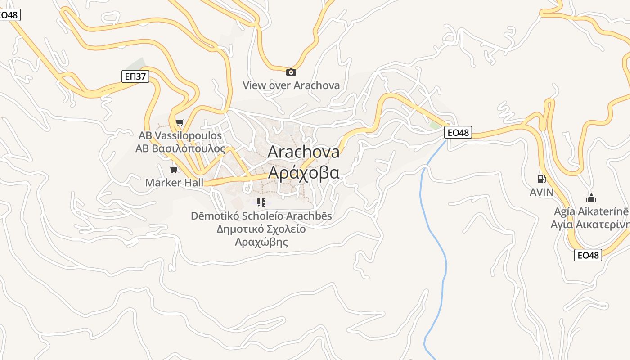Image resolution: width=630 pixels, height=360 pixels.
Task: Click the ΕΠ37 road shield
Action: coord(135,76)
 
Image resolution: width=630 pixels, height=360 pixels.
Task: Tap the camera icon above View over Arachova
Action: coord(291,72)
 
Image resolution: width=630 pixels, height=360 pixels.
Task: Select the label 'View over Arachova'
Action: coord(291,85)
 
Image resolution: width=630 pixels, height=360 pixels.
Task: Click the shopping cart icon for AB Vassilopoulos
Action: coord(180,122)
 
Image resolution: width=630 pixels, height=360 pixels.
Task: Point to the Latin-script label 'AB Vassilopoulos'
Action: coord(180,135)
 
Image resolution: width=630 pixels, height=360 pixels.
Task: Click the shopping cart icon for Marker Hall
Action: coord(174,169)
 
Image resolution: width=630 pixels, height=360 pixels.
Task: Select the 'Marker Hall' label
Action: coord(174,183)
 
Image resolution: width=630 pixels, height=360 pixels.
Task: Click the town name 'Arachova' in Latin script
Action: coord(303,152)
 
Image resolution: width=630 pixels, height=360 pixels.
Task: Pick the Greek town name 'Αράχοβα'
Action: coord(303,172)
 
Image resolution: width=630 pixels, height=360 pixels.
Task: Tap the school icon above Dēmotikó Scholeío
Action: coord(261,202)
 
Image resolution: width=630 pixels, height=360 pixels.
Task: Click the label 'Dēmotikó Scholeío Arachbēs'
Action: coord(261,216)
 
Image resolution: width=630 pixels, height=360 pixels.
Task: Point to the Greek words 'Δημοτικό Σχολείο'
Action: coord(261,229)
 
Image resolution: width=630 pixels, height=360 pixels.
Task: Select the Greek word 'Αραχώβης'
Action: coord(261,242)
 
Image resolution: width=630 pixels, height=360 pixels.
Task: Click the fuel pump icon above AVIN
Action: coord(541,179)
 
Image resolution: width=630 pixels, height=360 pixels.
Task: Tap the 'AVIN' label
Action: coord(541,192)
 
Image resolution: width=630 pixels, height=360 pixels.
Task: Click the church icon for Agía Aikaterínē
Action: coord(591,198)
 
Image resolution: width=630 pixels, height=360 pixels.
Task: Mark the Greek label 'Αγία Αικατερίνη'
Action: coord(590,224)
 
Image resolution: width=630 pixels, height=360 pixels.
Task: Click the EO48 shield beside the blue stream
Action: coord(458,132)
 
